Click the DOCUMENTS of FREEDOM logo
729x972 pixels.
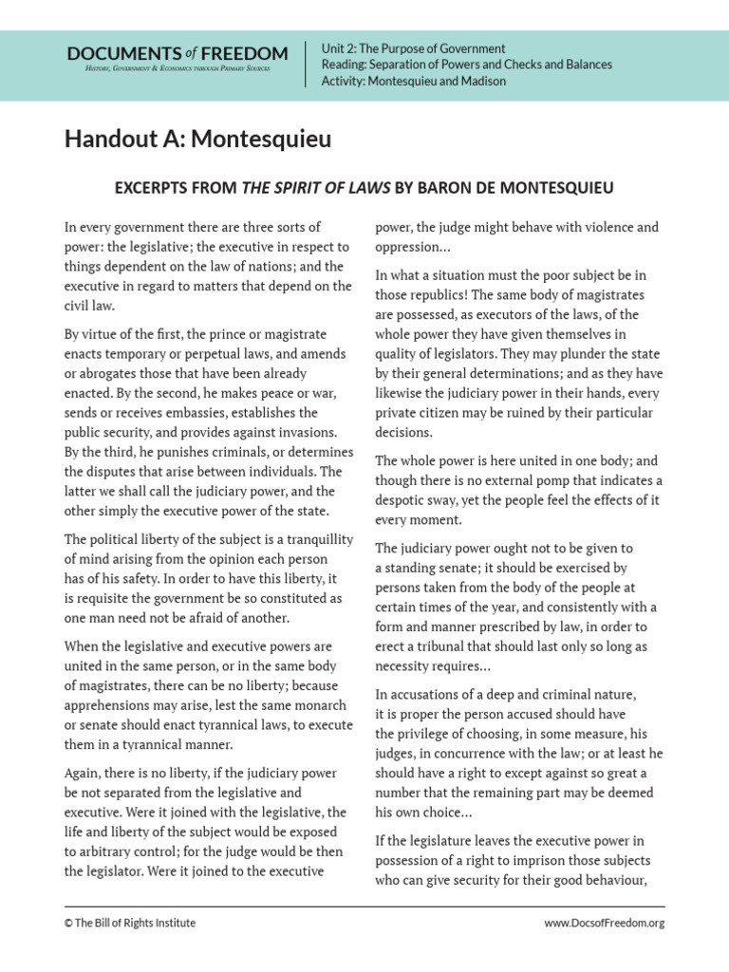click(x=177, y=58)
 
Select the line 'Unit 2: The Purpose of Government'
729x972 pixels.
click(x=414, y=48)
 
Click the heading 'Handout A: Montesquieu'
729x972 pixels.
click(x=198, y=140)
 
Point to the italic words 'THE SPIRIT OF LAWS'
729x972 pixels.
click(x=315, y=188)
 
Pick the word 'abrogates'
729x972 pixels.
click(x=107, y=373)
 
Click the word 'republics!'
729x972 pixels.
click(x=442, y=294)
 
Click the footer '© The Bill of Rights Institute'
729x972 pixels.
click(x=130, y=923)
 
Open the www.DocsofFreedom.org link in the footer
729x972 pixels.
click(x=604, y=923)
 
